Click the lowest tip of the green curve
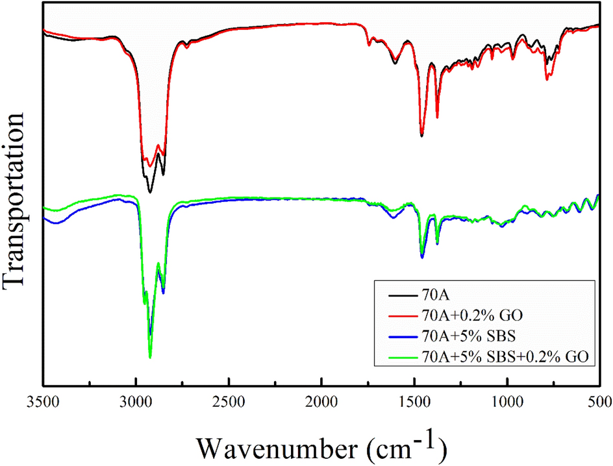coord(150,357)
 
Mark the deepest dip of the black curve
coord(150,192)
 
